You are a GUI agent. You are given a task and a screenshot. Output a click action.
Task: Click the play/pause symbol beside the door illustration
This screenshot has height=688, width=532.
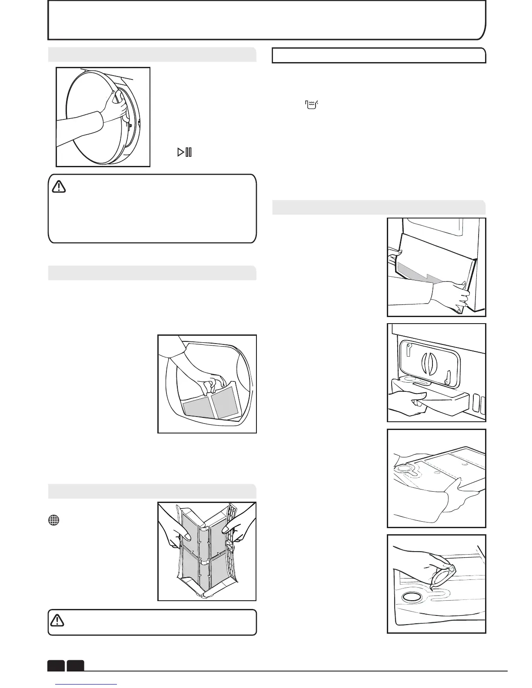coord(184,152)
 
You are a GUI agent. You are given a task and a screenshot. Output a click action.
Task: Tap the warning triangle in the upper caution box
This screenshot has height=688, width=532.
coord(59,187)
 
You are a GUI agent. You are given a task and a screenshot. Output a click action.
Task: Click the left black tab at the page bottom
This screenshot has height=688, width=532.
coord(56,665)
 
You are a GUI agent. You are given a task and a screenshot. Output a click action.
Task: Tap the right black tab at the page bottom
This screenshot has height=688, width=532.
coord(76,665)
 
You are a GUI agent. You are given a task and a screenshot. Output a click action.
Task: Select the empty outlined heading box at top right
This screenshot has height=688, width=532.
coord(379,56)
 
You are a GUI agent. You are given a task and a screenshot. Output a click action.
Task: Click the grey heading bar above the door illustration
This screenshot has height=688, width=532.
coord(152,54)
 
